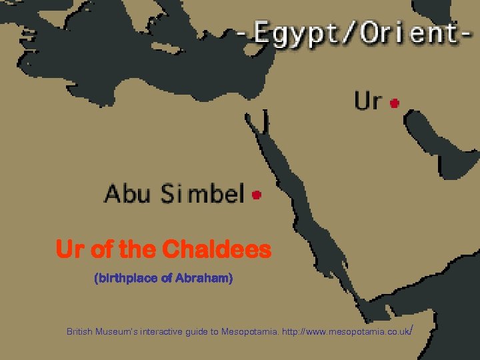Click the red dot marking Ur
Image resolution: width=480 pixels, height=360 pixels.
395,103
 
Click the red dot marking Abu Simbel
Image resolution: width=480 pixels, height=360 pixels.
257,195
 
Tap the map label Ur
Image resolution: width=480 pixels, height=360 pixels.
368,101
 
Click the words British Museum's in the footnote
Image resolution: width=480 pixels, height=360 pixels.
101,331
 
